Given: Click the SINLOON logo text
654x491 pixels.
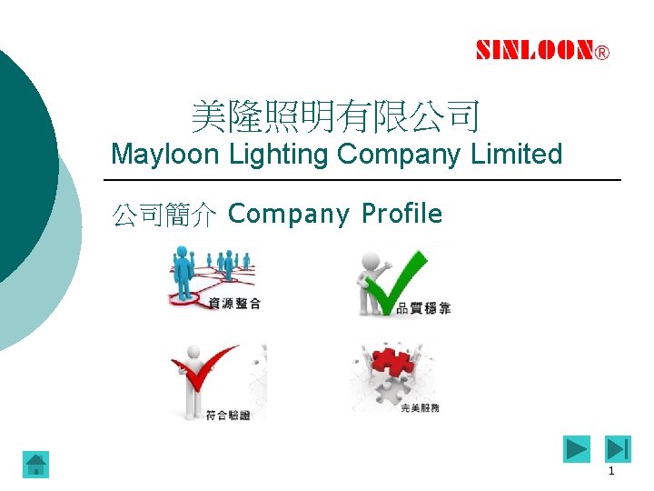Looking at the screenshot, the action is pyautogui.click(x=535, y=51).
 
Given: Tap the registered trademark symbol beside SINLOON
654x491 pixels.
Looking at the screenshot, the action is pyautogui.click(x=602, y=53).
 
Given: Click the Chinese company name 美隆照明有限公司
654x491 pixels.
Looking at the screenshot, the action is pyautogui.click(x=335, y=116).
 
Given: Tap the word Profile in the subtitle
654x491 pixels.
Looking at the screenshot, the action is pyautogui.click(x=401, y=214).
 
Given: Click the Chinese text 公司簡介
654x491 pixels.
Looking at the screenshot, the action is pyautogui.click(x=163, y=215).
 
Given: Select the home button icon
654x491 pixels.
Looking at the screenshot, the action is pyautogui.click(x=35, y=465).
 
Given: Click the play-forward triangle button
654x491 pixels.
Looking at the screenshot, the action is pyautogui.click(x=576, y=449).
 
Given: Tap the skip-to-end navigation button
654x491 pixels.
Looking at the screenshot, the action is pyautogui.click(x=618, y=449).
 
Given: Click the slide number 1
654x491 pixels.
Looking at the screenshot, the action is pyautogui.click(x=611, y=472).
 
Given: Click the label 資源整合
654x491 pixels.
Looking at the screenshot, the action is pyautogui.click(x=234, y=304).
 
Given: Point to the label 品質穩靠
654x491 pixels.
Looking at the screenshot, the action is pyautogui.click(x=423, y=308).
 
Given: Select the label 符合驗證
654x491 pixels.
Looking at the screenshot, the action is pyautogui.click(x=228, y=415).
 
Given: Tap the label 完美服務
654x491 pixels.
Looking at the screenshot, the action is pyautogui.click(x=420, y=408).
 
